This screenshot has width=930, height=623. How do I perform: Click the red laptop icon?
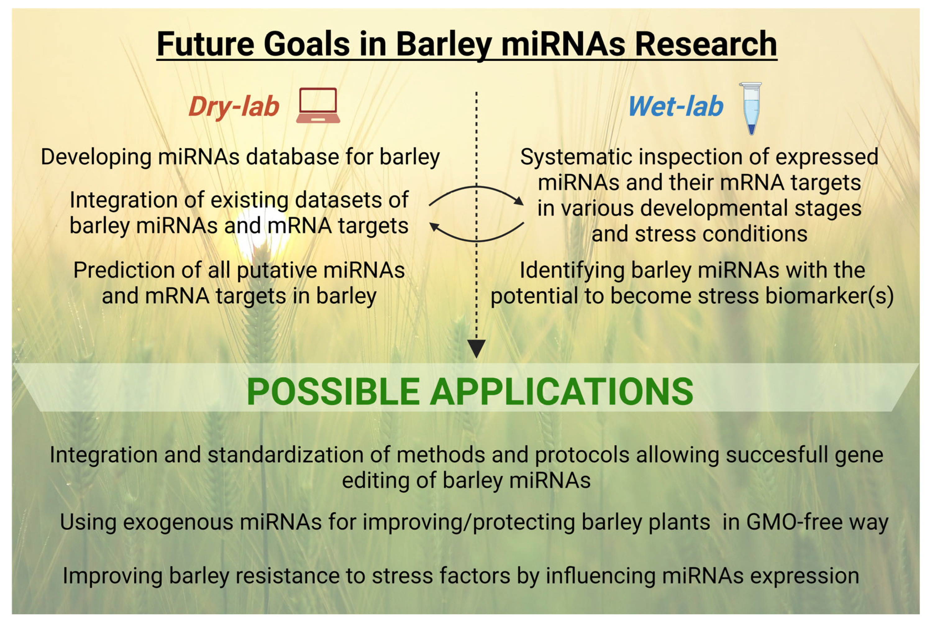[x=318, y=105]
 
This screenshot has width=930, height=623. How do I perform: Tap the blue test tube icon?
[x=750, y=108]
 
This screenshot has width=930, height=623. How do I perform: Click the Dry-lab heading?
[x=234, y=107]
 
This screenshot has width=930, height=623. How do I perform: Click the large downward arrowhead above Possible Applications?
[x=476, y=348]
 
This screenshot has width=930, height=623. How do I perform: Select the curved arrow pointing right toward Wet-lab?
[x=476, y=187]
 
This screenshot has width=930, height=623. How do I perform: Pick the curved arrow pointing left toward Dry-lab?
[x=476, y=240]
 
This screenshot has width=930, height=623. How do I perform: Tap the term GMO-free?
[x=795, y=522]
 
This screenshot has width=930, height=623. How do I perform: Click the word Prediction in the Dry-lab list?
[x=124, y=270]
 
